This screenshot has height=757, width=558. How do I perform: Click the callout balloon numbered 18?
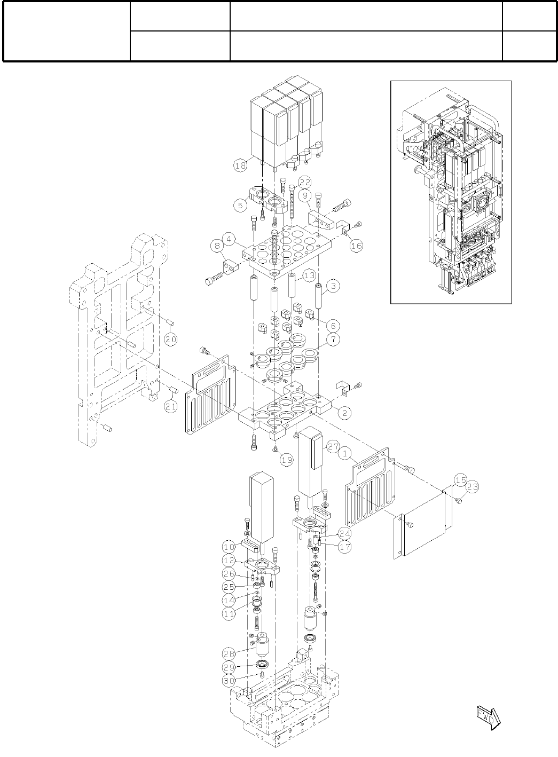pyautogui.click(x=240, y=166)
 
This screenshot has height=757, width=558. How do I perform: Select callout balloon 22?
pyautogui.click(x=305, y=182)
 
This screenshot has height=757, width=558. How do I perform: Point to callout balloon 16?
pyautogui.click(x=357, y=246)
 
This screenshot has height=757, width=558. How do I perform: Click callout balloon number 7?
pyautogui.click(x=332, y=341)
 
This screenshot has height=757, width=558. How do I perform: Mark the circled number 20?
pyautogui.click(x=171, y=339)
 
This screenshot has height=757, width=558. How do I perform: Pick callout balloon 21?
pyautogui.click(x=171, y=407)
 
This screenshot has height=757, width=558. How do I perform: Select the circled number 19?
pyautogui.click(x=286, y=459)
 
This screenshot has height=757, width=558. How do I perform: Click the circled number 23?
pyautogui.click(x=472, y=487)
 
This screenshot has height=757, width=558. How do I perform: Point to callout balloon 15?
pyautogui.click(x=460, y=479)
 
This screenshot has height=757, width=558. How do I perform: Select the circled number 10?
pyautogui.click(x=229, y=547)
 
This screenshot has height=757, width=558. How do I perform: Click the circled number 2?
pyautogui.click(x=345, y=412)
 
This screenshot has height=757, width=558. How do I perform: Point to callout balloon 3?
pyautogui.click(x=333, y=286)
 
